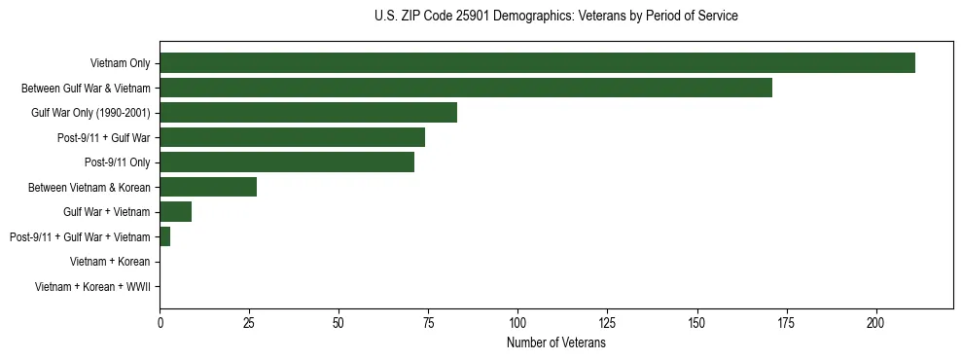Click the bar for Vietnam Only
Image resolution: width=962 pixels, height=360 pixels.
coord(537,63)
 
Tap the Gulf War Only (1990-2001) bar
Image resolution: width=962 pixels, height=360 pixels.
coord(308,113)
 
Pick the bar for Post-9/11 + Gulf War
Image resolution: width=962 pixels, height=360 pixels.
coord(292,137)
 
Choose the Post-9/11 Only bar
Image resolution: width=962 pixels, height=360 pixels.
coord(287,162)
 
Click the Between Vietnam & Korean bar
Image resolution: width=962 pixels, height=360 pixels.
coord(208,187)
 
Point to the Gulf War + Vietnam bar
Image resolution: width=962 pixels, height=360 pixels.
coord(176,211)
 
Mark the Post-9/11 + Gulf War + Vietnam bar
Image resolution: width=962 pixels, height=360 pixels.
coord(165,236)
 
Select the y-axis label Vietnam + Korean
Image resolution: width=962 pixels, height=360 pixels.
coord(110,262)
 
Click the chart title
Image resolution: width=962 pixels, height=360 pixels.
coord(555,17)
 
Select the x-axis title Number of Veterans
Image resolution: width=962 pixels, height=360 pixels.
coord(555,343)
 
